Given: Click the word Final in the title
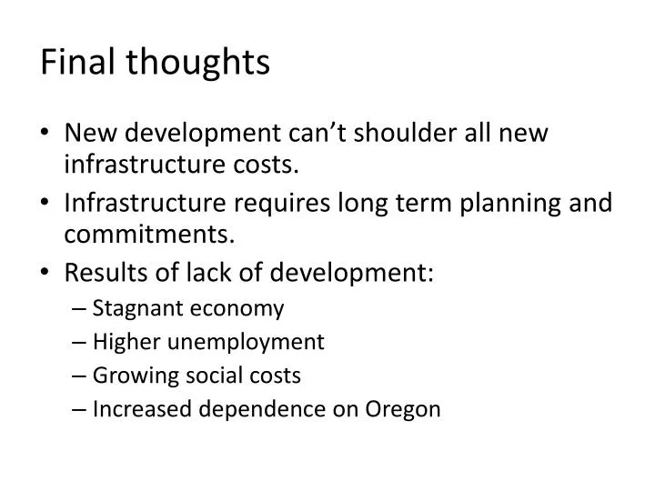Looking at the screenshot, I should click(75, 62).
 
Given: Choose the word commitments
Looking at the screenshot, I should click(150, 235).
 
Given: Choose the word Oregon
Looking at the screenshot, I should click(401, 410).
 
